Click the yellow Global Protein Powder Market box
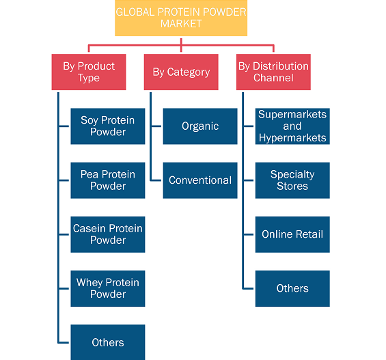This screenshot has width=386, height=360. [181, 18]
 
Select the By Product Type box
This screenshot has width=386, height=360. [89, 72]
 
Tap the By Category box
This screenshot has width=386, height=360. [181, 72]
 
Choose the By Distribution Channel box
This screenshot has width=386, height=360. [273, 72]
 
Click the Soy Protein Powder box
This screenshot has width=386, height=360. [108, 126]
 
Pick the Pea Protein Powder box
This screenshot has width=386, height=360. [108, 180]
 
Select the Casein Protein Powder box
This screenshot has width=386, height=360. [108, 234]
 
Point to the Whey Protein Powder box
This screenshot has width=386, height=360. [108, 289]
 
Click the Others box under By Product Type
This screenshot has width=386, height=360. [108, 342]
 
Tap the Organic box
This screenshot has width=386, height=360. [200, 126]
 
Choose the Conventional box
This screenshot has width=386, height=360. [200, 180]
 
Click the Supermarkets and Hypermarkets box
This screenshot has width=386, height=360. [292, 126]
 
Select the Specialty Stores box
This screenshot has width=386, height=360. [292, 180]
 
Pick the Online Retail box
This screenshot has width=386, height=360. [292, 234]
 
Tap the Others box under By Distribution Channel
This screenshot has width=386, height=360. [292, 289]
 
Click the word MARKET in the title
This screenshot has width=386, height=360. [181, 24]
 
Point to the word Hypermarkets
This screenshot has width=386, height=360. [292, 138]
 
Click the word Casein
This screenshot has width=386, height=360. [89, 229]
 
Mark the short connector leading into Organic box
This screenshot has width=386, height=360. [156, 126]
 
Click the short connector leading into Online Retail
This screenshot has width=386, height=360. [249, 234]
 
